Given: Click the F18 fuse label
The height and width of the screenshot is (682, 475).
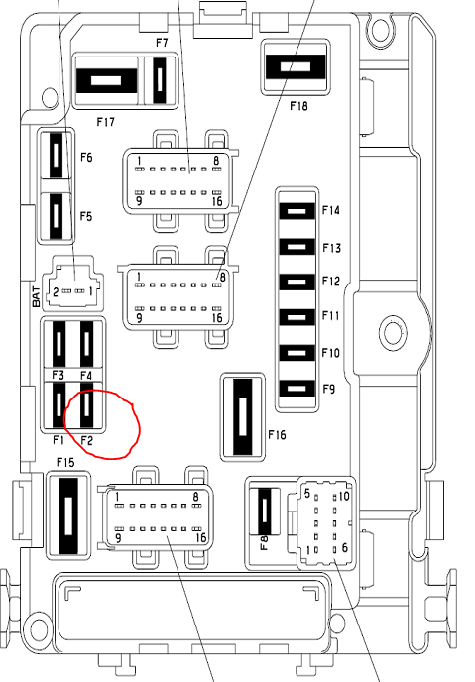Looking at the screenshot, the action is [298, 106].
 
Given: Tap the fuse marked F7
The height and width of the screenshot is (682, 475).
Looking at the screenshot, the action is [160, 80].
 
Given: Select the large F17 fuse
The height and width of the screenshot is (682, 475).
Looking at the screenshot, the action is [106, 80].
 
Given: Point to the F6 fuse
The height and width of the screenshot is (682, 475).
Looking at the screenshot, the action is [56, 156].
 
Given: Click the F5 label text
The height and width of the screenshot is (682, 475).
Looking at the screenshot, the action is [86, 216].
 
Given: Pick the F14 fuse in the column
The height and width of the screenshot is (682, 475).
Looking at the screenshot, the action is [297, 211].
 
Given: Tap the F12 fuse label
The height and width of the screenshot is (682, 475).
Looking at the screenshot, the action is [330, 281].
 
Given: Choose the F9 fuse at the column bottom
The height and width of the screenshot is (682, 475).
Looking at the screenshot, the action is [297, 389].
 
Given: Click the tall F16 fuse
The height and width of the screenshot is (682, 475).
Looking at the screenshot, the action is [243, 416].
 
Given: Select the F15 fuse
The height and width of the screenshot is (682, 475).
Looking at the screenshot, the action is [68, 515].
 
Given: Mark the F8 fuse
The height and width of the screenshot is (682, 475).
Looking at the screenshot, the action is [264, 511].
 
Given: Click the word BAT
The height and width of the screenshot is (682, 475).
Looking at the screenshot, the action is [37, 297].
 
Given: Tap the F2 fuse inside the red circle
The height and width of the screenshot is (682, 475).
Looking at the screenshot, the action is [86, 404].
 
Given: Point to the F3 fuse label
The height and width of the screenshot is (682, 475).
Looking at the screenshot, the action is [58, 375].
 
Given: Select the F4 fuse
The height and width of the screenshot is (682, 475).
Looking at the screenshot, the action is [86, 344].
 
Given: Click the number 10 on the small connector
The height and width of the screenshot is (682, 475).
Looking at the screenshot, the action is [344, 496].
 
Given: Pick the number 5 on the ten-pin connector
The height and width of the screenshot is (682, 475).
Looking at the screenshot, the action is [307, 494].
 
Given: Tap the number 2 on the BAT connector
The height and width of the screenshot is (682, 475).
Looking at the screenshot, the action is [56, 291].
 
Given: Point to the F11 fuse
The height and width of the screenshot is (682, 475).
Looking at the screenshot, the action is [297, 317].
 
